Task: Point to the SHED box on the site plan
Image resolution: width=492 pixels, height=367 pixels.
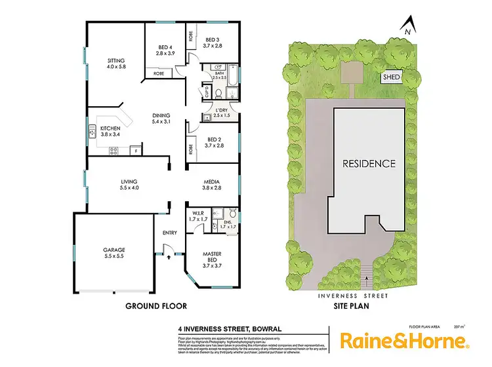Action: coord(391,77)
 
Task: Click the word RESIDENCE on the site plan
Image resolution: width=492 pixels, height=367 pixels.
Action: coord(371,163)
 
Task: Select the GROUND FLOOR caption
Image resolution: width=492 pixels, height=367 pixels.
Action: coord(156,306)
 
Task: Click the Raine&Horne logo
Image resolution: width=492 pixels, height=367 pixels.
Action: coord(403,341)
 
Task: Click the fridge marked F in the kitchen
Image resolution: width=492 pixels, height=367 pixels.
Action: coord(136,151)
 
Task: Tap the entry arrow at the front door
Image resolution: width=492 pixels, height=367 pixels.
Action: coord(169,258)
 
